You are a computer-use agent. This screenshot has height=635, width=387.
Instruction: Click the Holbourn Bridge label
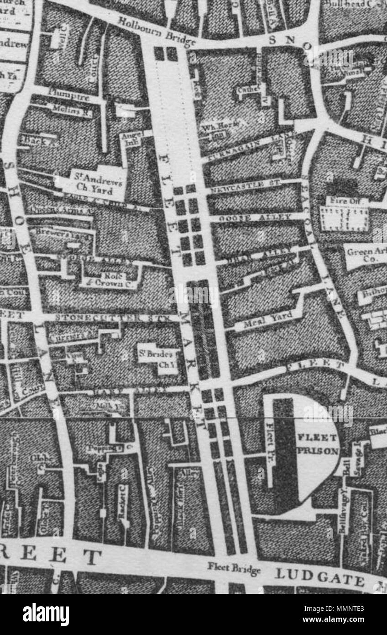click(x=157, y=32)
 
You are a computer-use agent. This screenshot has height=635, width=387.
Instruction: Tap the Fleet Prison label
click(x=318, y=444)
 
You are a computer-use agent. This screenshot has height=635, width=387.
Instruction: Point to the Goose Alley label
click(x=255, y=218)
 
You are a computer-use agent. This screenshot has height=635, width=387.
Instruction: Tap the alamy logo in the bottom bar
click(x=46, y=615)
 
